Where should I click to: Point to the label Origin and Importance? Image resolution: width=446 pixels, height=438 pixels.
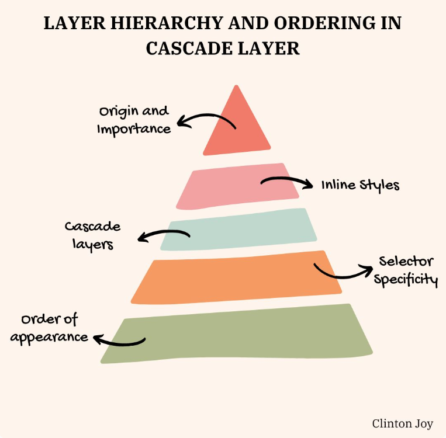134,120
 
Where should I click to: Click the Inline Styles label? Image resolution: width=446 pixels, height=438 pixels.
360,185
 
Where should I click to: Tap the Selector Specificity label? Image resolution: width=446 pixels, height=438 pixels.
406,270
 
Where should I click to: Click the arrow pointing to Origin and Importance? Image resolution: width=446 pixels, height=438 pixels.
205,120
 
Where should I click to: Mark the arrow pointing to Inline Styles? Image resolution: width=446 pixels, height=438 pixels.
286,182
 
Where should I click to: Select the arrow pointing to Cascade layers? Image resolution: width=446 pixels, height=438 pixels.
163,235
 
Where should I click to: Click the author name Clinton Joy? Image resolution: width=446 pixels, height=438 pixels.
403,423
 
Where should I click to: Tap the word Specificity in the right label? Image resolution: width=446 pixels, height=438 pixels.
406,279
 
